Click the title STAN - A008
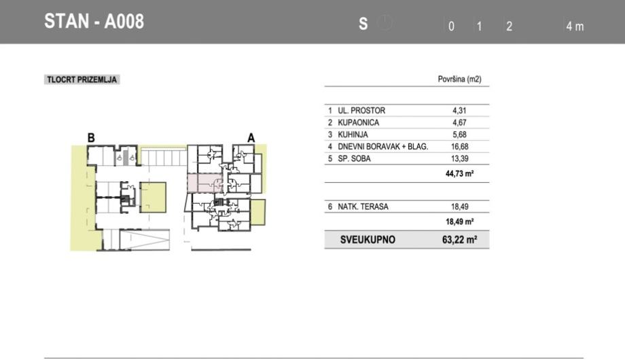point(94,22)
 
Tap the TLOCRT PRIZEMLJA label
point(82,79)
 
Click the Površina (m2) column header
point(460,79)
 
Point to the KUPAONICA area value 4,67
point(460,122)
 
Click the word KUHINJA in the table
point(353,134)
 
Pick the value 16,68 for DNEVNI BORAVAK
point(460,146)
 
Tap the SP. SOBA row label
point(354,158)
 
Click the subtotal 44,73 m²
point(460,173)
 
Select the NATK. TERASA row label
point(363,206)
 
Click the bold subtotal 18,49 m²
point(460,221)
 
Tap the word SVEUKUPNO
point(368,240)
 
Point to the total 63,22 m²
point(460,240)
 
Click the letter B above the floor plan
point(91,138)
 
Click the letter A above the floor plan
point(251,138)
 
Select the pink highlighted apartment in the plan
point(205,183)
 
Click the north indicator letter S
point(363,24)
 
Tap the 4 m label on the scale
point(575,26)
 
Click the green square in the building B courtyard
point(153,198)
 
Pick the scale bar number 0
point(451,26)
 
